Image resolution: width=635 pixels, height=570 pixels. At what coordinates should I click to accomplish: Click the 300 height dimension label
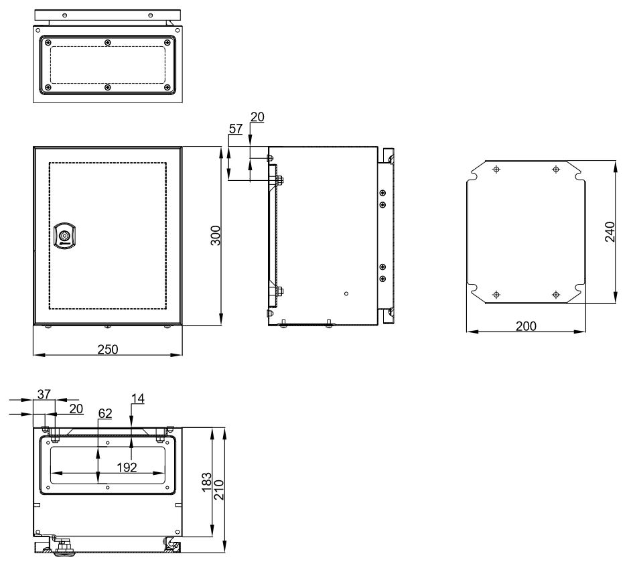click(216, 235)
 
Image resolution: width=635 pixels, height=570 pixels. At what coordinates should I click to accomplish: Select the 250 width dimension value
click(108, 349)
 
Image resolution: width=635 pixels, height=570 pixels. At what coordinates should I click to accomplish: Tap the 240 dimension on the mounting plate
click(610, 232)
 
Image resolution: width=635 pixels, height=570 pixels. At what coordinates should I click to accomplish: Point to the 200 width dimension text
click(526, 326)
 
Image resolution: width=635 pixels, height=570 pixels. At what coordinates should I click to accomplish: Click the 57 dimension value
click(236, 129)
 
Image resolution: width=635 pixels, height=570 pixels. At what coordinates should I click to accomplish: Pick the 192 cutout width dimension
click(127, 468)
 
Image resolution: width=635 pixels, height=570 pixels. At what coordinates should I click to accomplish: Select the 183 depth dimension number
click(206, 482)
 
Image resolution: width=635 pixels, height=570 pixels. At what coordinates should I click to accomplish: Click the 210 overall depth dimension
click(218, 490)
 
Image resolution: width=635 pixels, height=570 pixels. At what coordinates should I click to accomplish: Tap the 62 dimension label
click(105, 413)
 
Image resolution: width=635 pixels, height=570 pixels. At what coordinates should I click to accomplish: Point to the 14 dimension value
click(138, 399)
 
